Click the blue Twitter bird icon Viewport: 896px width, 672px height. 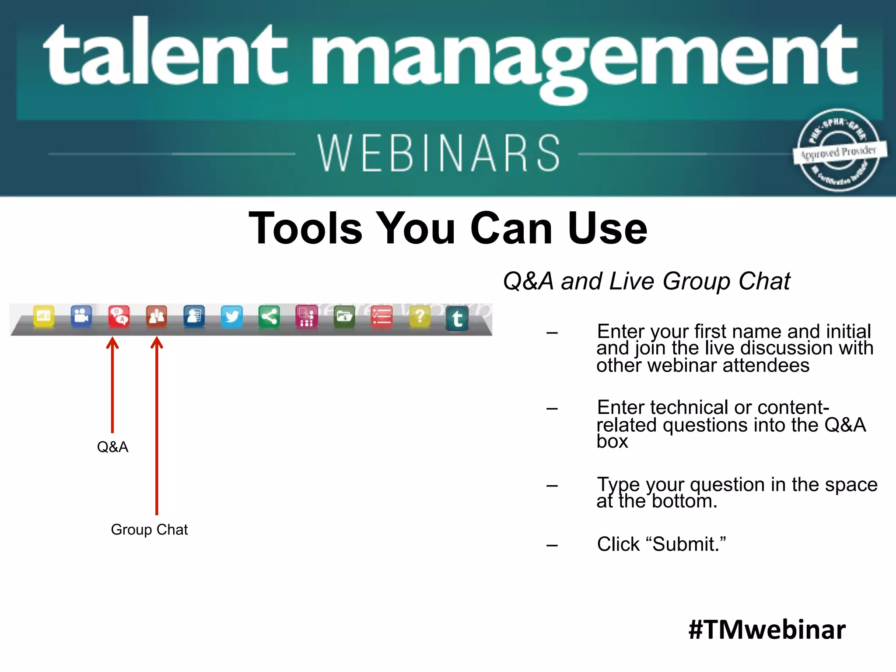click(231, 316)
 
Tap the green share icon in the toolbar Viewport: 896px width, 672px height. click(269, 316)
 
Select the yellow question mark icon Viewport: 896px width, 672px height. click(420, 316)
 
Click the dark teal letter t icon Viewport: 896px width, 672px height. click(457, 318)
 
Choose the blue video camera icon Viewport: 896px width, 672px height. click(81, 315)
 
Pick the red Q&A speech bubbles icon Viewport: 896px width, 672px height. click(119, 316)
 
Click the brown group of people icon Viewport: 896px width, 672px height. click(157, 316)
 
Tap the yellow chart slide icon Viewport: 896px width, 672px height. click(44, 315)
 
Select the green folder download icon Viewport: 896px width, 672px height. click(344, 316)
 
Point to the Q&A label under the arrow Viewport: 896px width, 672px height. click(112, 447)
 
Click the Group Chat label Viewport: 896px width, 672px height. click(149, 530)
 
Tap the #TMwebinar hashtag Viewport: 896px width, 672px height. click(767, 630)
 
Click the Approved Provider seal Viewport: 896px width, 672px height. click(839, 151)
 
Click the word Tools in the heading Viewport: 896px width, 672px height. click(305, 228)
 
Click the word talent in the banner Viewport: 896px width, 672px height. click(165, 55)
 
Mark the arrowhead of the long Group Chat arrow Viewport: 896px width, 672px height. click(157, 343)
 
